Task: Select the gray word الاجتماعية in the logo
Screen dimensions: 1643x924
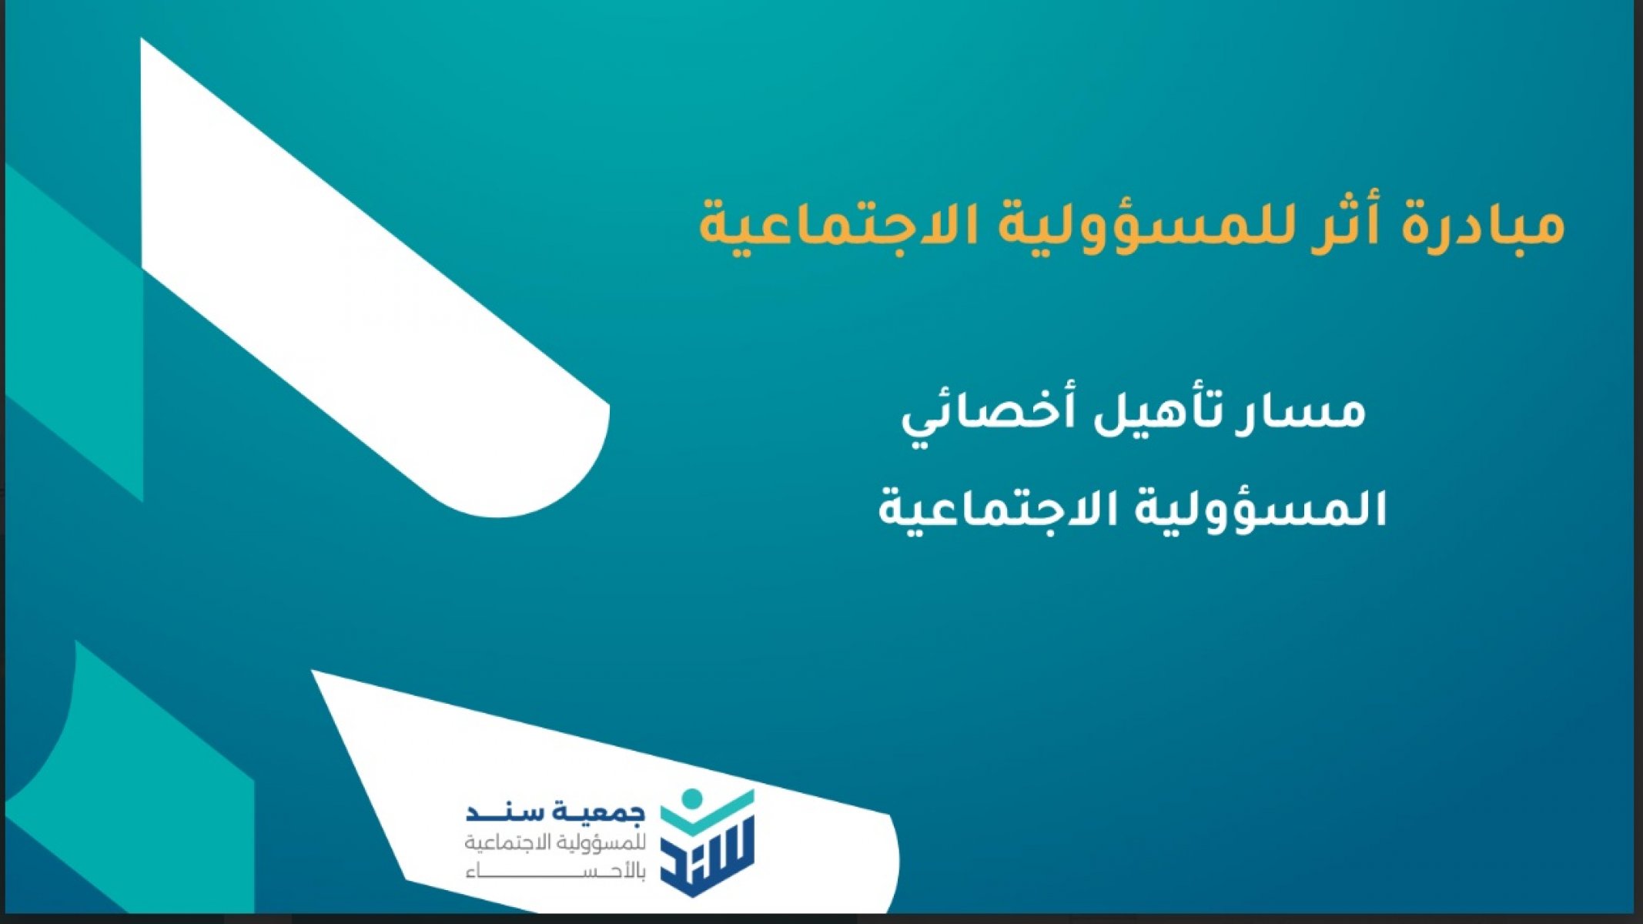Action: pos(504,843)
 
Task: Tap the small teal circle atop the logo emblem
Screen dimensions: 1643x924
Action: pos(691,798)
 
